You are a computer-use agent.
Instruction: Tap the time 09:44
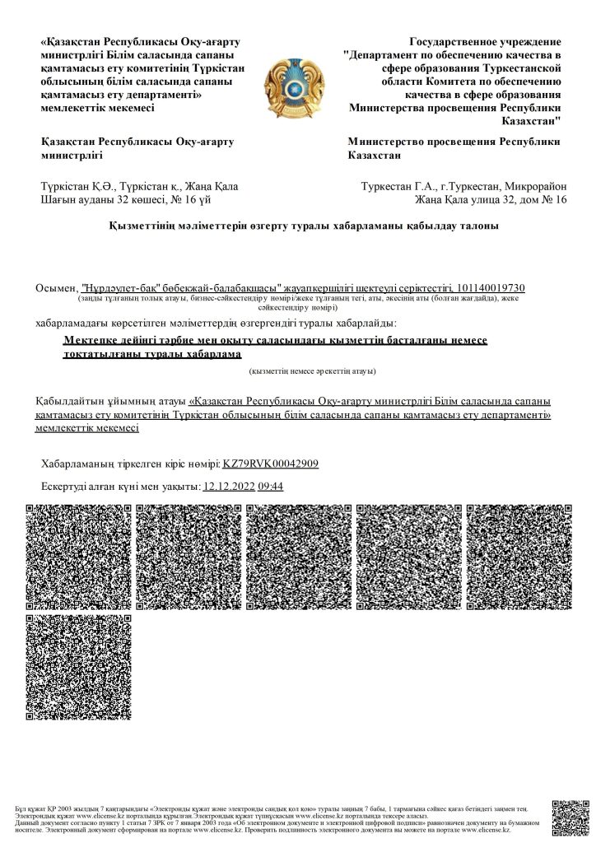[271, 487]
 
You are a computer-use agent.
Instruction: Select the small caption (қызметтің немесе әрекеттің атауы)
[314, 372]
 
